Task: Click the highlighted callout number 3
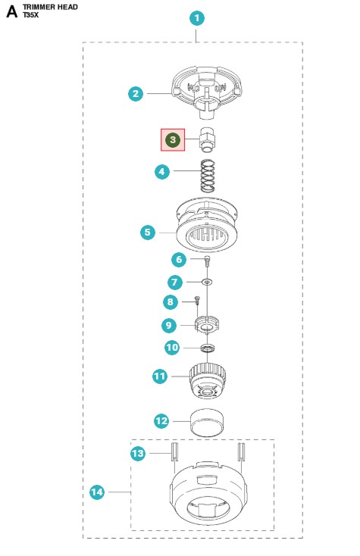pos(173,139)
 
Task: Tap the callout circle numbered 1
pos(197,18)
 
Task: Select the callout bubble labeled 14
pos(97,492)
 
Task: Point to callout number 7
pos(175,283)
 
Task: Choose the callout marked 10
pos(172,347)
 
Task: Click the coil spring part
pos(208,176)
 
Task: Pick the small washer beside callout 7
pos(207,282)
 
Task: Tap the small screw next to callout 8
pos(198,300)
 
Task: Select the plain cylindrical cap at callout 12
pos(208,423)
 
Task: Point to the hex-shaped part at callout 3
pos(208,139)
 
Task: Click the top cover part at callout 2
pos(207,92)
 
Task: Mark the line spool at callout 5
pos(207,225)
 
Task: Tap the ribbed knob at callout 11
pos(208,380)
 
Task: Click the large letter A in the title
pos(11,11)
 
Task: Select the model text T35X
pos(30,15)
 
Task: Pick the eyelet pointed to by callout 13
pos(174,451)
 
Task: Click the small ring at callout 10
pos(208,348)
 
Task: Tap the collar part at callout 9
pos(208,324)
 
